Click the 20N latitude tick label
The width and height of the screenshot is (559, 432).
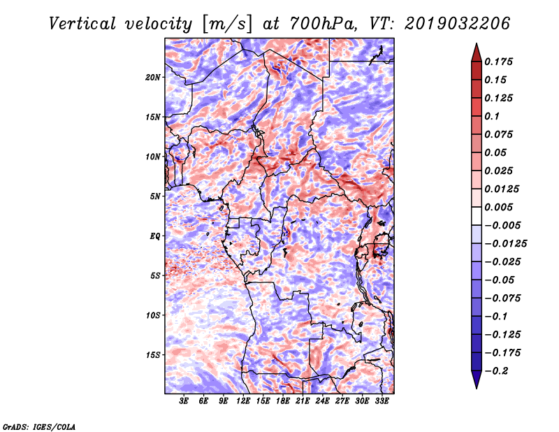coord(153,77)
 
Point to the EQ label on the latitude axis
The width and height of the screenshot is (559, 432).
coord(155,236)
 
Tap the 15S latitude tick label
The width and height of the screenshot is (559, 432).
coord(153,355)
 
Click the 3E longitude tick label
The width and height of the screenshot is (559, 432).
coord(184,401)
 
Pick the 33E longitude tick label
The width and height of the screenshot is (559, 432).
coord(382,401)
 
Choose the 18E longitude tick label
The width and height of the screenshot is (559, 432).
coord(283,401)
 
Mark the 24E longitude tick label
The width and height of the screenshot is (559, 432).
coord(322,401)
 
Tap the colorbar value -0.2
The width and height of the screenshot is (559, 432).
coord(497,371)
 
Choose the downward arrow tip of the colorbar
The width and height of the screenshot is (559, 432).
coord(476,387)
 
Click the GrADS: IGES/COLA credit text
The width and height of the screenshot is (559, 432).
coord(39,426)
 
